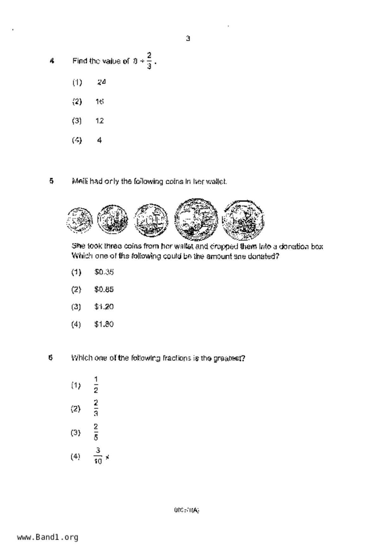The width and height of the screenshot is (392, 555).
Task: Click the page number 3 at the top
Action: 188,39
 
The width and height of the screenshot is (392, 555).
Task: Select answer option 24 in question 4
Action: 101,82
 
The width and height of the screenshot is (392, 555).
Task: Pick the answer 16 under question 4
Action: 100,102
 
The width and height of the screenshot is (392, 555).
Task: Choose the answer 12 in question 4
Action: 100,121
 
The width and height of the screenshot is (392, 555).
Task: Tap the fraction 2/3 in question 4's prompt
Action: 149,61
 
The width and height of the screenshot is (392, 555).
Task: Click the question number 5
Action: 51,181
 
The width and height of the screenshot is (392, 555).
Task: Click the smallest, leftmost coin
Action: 80,220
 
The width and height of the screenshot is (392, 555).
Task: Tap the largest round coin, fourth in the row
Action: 196,219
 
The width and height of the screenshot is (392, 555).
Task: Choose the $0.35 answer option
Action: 104,272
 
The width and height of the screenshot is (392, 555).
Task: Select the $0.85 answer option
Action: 104,290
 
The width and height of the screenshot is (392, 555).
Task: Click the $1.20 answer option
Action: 104,307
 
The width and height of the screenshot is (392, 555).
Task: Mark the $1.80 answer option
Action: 104,324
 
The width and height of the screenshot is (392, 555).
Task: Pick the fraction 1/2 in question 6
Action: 96,385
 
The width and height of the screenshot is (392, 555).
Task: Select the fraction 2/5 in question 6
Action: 96,432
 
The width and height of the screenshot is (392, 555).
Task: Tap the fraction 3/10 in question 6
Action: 98,456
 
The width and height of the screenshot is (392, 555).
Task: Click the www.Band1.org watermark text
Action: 48,537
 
